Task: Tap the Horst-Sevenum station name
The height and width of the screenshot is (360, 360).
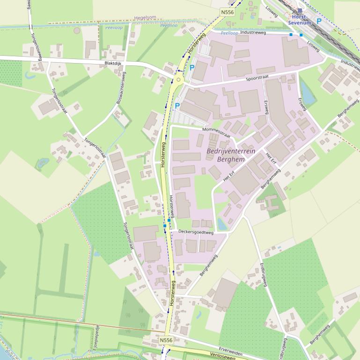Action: tap(300, 20)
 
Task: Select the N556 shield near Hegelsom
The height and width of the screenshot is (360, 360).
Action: tap(227, 12)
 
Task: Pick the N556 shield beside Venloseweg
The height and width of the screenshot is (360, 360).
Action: tap(166, 340)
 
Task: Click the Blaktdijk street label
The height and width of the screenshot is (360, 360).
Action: tap(113, 62)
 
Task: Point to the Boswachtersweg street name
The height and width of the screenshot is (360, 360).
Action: tap(121, 87)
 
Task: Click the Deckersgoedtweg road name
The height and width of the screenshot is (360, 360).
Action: tap(196, 232)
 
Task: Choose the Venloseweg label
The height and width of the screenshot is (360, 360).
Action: tap(222, 355)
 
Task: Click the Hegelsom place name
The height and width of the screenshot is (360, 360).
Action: tap(145, 18)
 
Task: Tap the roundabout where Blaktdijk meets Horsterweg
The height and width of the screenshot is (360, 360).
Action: tap(178, 80)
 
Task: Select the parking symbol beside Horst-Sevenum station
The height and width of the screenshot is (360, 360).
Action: tap(319, 21)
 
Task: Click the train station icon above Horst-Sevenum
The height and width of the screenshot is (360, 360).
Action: tap(300, 10)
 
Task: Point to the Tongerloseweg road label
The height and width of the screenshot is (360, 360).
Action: tap(36, 46)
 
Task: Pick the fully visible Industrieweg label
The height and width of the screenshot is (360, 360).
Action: tap(253, 33)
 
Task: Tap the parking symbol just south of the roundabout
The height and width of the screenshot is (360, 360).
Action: tap(177, 106)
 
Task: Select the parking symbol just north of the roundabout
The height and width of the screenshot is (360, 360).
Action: tap(192, 68)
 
